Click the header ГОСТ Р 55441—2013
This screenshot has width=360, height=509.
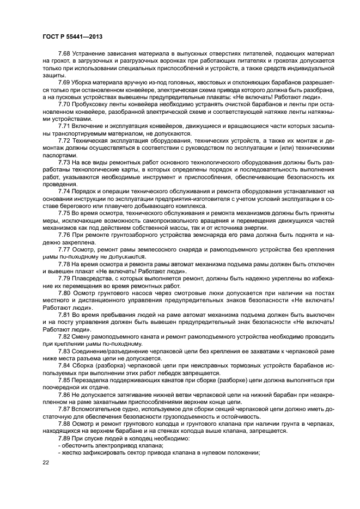pyautogui.click(x=72, y=36)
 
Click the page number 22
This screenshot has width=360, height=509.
pyautogui.click(x=45, y=463)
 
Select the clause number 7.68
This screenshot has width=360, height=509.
pyautogui.click(x=64, y=56)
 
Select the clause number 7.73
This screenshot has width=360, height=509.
pyautogui.click(x=64, y=162)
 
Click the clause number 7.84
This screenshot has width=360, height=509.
pyautogui.click(x=64, y=367)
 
